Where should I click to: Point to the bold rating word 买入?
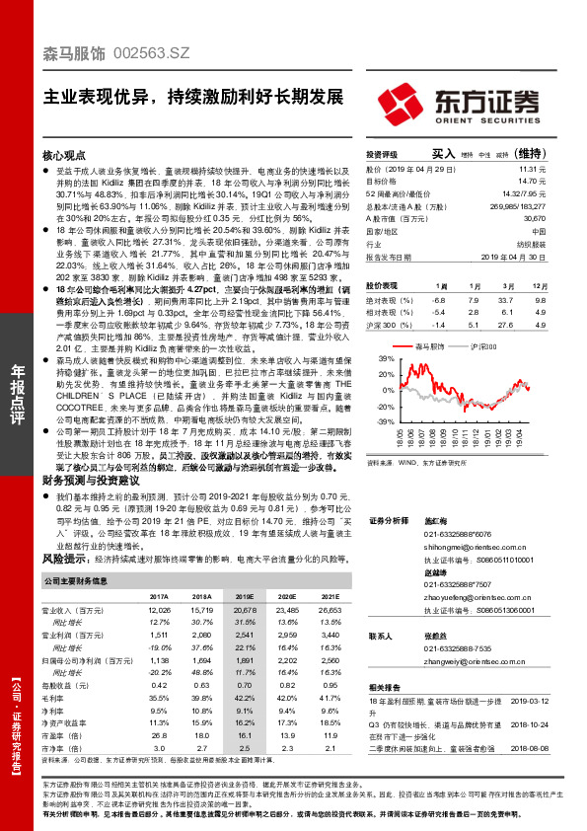[443, 154]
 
